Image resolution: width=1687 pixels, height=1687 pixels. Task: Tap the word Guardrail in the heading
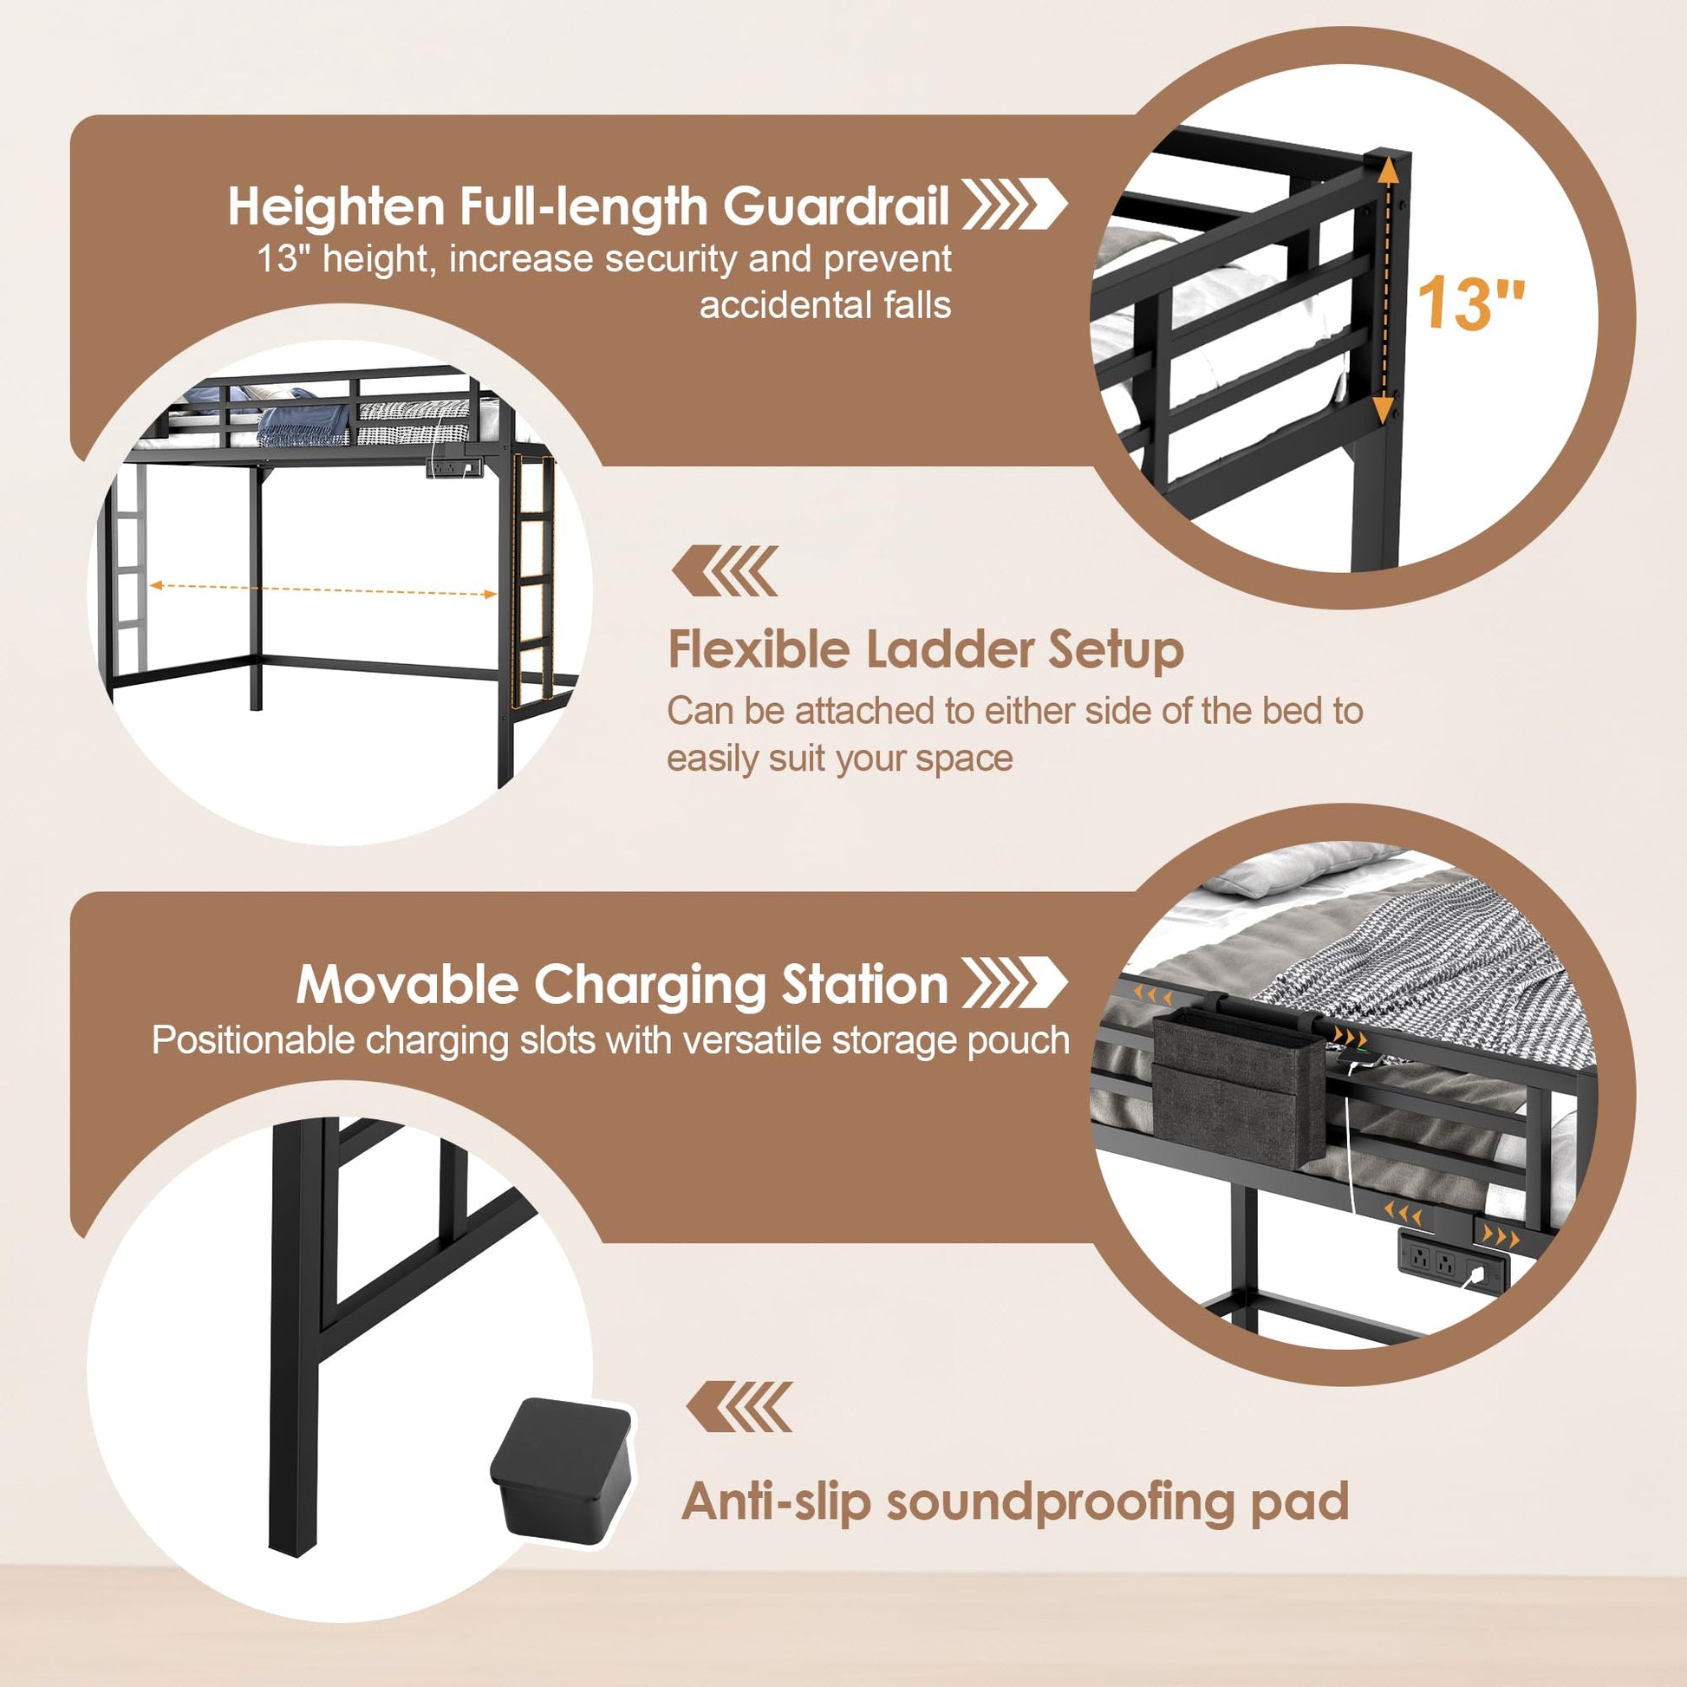(836, 206)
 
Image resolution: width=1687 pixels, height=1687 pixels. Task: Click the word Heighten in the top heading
(337, 207)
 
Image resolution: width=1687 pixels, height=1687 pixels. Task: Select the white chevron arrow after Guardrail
(1013, 205)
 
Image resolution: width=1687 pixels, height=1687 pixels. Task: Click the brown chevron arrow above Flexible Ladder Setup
(725, 571)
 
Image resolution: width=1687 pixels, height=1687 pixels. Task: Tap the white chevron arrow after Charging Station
(1013, 982)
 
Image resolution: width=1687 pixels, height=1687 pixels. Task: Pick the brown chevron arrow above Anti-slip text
(739, 1407)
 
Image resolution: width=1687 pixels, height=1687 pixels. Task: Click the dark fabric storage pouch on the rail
(1237, 1088)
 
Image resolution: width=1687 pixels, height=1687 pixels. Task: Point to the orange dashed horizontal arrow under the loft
(323, 589)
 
